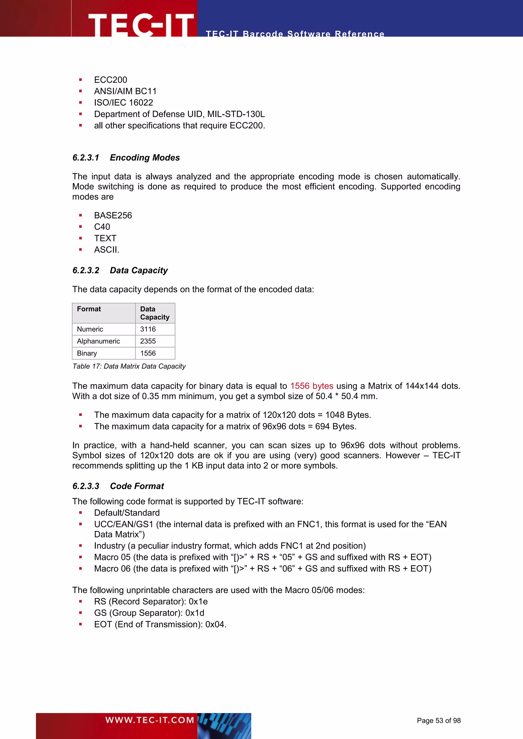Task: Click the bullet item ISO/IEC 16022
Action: click(123, 103)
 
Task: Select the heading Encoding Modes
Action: click(145, 158)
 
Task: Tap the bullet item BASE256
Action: click(113, 215)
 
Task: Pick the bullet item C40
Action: click(102, 227)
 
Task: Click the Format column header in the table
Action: click(89, 309)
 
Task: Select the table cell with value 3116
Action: click(148, 329)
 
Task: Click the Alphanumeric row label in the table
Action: click(98, 341)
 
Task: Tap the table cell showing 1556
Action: click(148, 353)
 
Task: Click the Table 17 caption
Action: click(129, 366)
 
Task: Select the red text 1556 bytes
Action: click(311, 386)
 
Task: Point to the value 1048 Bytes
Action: click(348, 415)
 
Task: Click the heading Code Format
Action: click(137, 486)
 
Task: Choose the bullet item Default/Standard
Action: click(127, 513)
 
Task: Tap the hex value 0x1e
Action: click(198, 601)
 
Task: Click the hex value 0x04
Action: click(216, 624)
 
